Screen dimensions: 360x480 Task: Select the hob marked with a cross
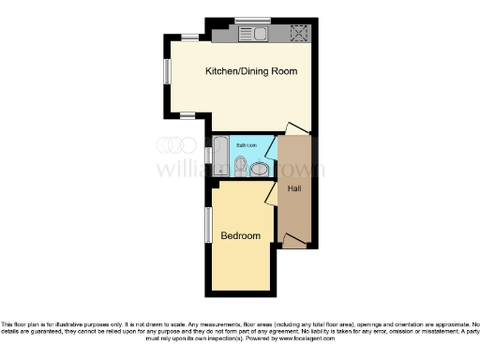click(x=300, y=35)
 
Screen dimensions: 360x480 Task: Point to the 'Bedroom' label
click(x=241, y=235)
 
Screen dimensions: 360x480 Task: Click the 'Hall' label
click(x=294, y=189)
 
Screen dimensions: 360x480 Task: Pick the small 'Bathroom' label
click(x=247, y=146)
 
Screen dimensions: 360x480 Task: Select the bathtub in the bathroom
click(x=220, y=155)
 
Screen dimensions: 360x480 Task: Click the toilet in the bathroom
click(x=241, y=167)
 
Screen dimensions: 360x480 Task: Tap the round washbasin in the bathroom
click(x=260, y=169)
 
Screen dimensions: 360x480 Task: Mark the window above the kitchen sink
click(x=252, y=21)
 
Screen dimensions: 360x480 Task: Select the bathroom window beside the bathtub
click(x=208, y=154)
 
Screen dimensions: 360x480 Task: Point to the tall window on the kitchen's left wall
click(x=166, y=72)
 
